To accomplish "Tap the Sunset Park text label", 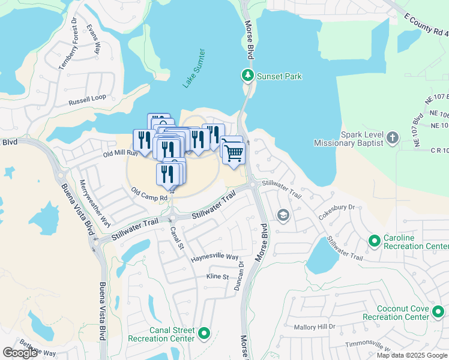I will point(279,76).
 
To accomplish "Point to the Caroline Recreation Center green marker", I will point(375,241).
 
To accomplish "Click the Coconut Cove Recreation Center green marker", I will point(439,311).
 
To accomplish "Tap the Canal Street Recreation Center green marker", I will point(204,334).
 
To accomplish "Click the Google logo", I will point(20,353).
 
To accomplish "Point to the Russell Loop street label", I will point(87,98).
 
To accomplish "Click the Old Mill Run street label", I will point(121,154).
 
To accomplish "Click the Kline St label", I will point(218,277).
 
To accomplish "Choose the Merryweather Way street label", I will point(95,202).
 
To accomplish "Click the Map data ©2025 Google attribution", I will point(412,355).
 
